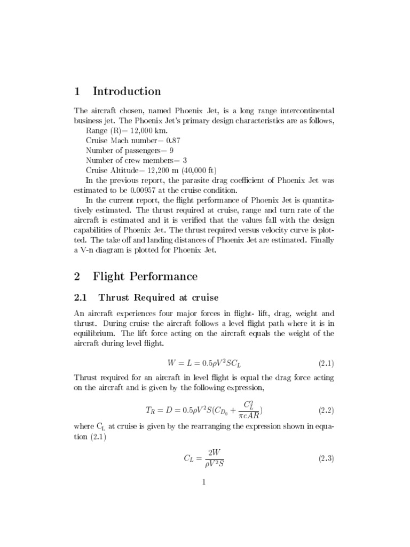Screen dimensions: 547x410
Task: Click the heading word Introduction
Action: click(127, 91)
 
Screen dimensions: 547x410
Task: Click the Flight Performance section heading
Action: click(145, 276)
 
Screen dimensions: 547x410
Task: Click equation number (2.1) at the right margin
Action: click(326, 364)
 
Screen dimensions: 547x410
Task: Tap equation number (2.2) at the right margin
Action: click(326, 410)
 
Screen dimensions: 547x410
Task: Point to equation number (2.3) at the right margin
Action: click(326, 458)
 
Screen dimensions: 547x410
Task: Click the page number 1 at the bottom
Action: click(204, 482)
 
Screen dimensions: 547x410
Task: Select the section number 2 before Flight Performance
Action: click(77, 276)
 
